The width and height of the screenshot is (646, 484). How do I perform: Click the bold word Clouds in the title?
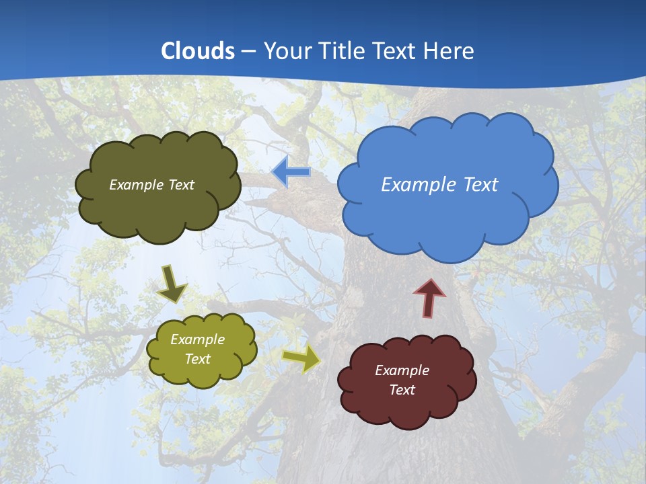[x=198, y=51]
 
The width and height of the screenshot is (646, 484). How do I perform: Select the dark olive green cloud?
[x=157, y=208]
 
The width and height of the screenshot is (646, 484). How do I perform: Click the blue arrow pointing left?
[x=291, y=172]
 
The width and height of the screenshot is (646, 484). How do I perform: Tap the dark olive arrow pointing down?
[x=172, y=284]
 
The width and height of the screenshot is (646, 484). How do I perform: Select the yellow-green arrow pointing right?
[x=301, y=358]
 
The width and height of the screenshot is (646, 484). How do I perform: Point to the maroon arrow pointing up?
[x=429, y=298]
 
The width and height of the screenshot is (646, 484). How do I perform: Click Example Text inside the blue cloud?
[x=439, y=185]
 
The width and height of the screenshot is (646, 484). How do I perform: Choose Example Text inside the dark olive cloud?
[x=151, y=185]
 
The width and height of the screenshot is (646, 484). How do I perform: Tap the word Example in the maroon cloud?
[x=402, y=370]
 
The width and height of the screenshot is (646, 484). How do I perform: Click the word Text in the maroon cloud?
[x=402, y=390]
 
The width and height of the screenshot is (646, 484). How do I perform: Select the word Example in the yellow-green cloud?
[x=197, y=339]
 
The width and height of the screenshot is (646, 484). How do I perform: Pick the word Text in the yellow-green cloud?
[x=197, y=359]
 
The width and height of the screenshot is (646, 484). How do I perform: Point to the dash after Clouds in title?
[x=249, y=52]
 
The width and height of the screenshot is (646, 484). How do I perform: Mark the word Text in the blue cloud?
[x=478, y=185]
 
